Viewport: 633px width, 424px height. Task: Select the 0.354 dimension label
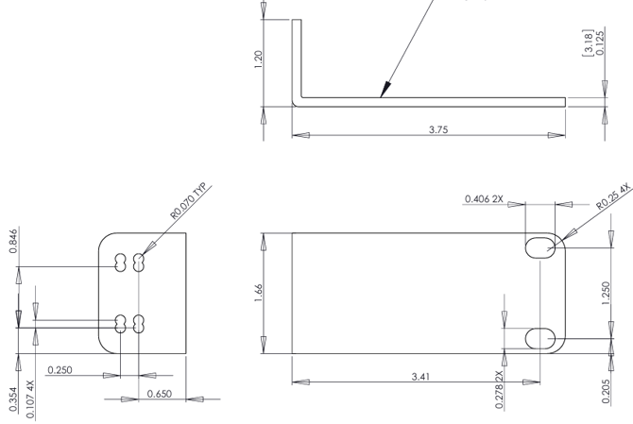point(12,401)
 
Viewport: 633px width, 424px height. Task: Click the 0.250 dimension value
point(60,368)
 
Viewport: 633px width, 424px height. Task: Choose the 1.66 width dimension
point(258,294)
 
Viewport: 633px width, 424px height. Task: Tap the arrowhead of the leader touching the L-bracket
point(382,94)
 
